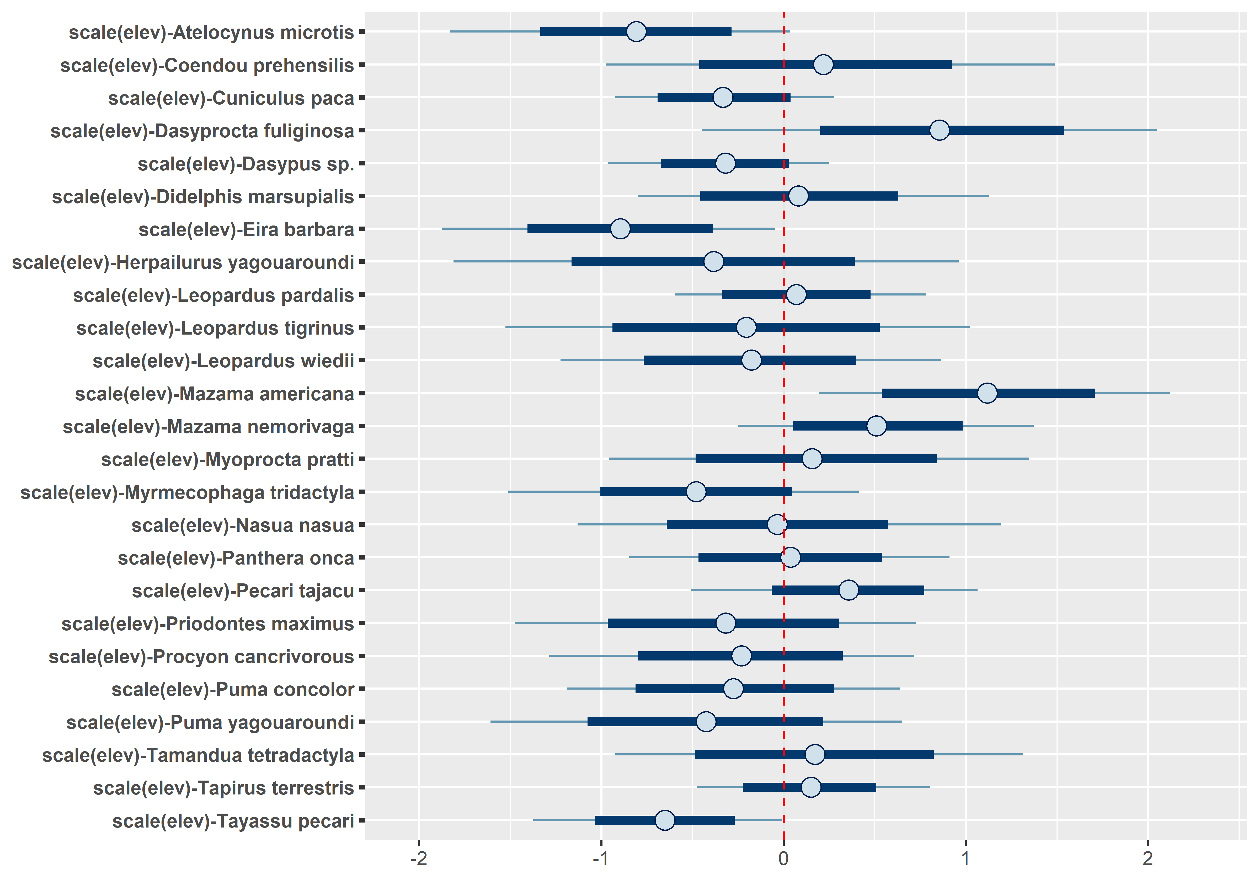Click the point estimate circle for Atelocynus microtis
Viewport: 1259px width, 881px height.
pos(636,32)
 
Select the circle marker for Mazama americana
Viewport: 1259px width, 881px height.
pos(987,393)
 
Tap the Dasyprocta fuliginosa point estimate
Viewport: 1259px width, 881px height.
pos(939,131)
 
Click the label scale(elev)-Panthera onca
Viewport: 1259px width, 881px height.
pos(236,558)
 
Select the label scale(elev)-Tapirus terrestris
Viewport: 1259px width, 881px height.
pos(223,788)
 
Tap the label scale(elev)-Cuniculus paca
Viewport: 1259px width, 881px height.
pos(231,98)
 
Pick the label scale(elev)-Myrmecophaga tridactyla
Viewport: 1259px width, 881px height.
pos(187,492)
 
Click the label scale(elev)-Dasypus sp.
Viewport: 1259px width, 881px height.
pos(246,164)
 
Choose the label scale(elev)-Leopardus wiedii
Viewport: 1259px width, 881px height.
pos(223,361)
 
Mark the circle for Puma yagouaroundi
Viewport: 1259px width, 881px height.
pos(706,722)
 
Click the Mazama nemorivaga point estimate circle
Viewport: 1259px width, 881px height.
pos(876,426)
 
